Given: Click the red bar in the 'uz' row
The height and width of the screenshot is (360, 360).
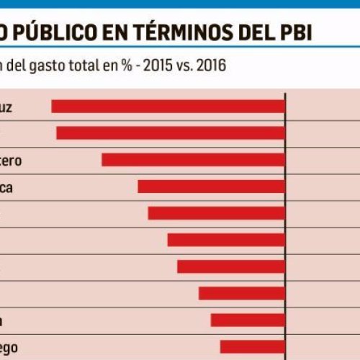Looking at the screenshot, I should pyautogui.click(x=168, y=107).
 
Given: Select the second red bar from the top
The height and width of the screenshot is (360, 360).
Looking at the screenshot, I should pyautogui.click(x=171, y=133).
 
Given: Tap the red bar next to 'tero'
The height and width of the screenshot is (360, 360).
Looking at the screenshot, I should pyautogui.click(x=193, y=160).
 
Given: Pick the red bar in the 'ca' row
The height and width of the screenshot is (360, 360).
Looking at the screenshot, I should pyautogui.click(x=212, y=186).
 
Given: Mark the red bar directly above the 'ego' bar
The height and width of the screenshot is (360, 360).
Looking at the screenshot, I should pyautogui.click(x=248, y=320).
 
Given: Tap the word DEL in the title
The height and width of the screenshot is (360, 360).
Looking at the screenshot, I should pyautogui.click(x=255, y=33).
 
